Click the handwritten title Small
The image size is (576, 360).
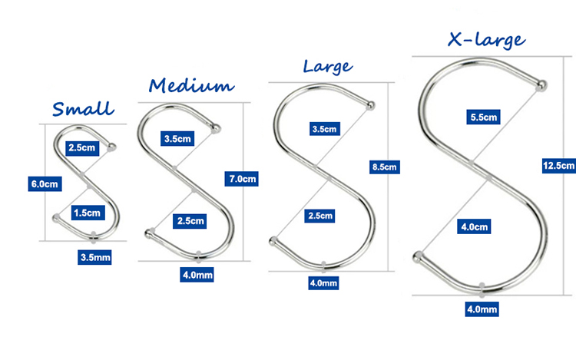coord(83,109)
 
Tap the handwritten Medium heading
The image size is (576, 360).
coord(191,85)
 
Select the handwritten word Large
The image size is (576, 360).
coord(328,67)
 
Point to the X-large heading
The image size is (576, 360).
coord(486,40)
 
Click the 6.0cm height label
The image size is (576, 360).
coord(45,184)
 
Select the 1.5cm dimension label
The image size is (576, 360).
coord(88,213)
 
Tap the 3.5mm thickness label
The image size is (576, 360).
coord(94,257)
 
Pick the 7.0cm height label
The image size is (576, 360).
coord(242,179)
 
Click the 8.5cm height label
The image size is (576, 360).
coord(385,167)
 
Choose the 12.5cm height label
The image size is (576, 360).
coord(559,166)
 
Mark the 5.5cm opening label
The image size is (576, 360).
coord(483,117)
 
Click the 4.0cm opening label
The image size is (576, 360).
coord(474,226)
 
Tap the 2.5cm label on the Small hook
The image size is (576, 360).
coord(82,148)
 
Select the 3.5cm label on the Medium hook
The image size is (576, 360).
coord(177,139)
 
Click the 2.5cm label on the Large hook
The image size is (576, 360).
coord(319,216)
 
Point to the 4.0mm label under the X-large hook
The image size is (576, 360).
coord(482,309)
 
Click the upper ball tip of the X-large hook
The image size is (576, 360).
coord(541,85)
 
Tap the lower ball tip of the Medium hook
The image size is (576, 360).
coord(149,233)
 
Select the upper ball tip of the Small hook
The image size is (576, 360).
coord(111,147)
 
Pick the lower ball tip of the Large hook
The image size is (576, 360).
coord(273,241)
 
